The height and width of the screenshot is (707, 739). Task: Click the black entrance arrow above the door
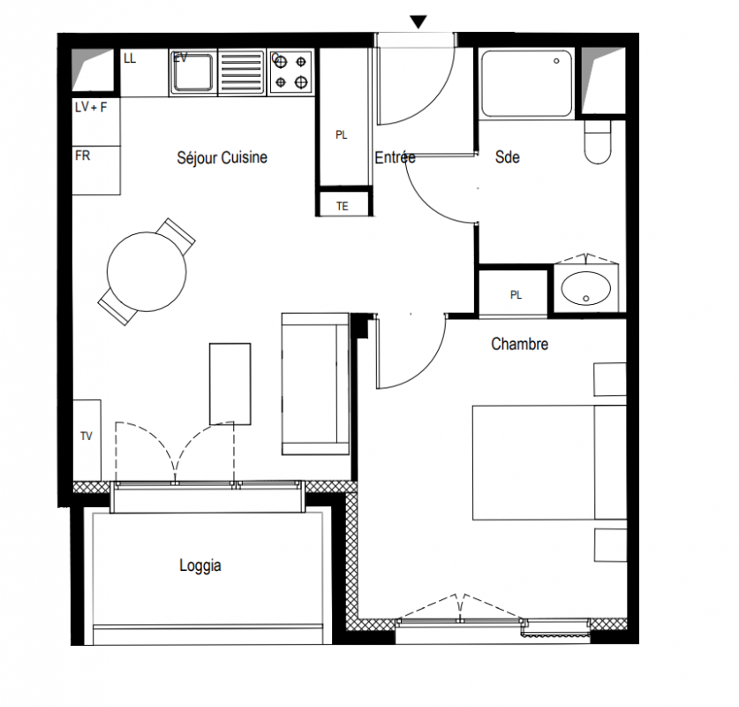coord(418,22)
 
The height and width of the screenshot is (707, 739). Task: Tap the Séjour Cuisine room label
coord(222,157)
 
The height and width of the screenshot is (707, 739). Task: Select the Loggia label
coord(200,566)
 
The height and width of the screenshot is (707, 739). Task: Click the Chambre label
coord(519,344)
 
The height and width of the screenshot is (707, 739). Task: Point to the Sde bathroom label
coord(508,157)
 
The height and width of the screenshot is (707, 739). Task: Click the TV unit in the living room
coord(87,440)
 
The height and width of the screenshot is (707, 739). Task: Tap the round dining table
coord(147,271)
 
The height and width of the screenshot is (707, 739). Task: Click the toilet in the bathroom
coord(598,141)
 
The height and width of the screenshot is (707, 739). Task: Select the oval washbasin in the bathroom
coord(586,288)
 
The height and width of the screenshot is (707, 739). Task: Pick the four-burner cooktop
coord(290,72)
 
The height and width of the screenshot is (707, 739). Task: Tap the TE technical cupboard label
coord(343,206)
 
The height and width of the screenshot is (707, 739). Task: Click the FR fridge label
coord(82,156)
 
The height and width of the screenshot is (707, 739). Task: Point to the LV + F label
coord(91,108)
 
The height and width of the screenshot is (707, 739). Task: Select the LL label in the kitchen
coord(130,58)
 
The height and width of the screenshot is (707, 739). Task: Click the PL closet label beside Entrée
coord(341,135)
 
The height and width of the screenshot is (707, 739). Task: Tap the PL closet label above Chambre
coord(516,295)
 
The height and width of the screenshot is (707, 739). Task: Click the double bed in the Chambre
coord(549,462)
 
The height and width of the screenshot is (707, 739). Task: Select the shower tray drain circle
coord(556,61)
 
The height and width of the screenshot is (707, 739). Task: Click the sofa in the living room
coord(315,384)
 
